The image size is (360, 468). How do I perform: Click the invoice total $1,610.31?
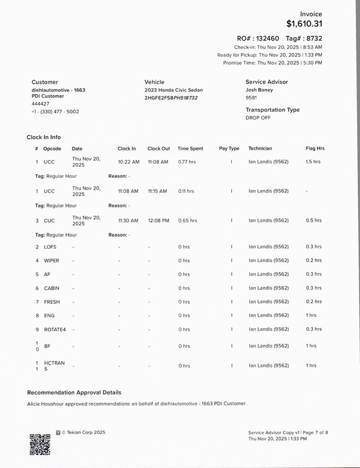(304, 24)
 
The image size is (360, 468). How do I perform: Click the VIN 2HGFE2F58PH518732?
(171, 98)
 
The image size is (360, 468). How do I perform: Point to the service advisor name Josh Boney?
(259, 90)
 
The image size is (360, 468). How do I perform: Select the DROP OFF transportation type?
(259, 118)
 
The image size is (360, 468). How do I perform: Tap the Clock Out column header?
(159, 149)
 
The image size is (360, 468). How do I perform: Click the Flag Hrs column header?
(315, 149)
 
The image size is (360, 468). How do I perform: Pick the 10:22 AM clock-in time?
(128, 161)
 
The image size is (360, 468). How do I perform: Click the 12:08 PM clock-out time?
(158, 221)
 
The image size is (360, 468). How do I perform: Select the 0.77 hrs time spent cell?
(187, 161)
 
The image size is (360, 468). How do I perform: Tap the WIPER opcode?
(52, 260)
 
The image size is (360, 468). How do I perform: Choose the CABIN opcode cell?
(52, 288)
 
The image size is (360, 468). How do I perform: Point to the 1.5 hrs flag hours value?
(313, 161)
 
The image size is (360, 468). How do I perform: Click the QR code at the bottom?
(40, 443)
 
